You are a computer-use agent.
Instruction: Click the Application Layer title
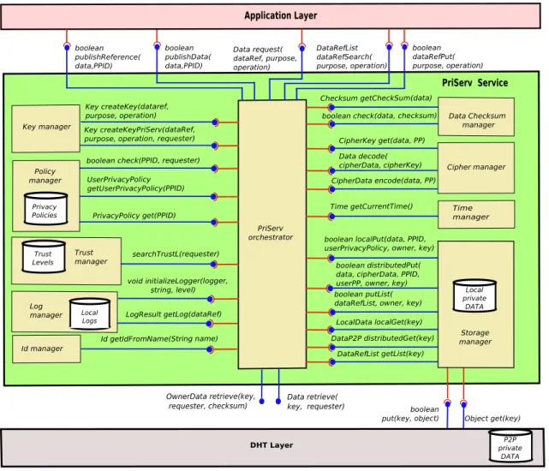pos(280,15)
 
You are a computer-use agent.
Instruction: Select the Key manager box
pos(46,128)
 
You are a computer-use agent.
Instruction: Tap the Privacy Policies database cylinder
pos(45,208)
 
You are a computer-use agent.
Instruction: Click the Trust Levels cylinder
pos(44,256)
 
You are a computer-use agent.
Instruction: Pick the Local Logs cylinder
pos(90,313)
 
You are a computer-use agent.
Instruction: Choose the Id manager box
pos(46,349)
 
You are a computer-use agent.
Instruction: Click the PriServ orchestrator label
pos(271,233)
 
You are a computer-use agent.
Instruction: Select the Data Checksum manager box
pos(476,116)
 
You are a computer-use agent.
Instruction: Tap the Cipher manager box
pos(476,167)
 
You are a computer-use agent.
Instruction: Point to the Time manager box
pos(476,214)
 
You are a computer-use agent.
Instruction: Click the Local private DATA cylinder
pos(474,296)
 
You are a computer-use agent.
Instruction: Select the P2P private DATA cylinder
pos(510,446)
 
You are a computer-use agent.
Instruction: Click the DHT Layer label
pos(272,445)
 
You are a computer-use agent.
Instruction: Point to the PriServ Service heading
pos(474,83)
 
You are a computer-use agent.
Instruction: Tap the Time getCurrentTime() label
pos(372,206)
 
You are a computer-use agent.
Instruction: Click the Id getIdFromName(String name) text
pos(159,338)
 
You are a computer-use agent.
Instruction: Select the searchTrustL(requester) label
pos(176,253)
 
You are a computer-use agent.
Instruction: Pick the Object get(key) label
pos(492,419)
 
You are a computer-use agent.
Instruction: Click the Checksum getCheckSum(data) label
pos(376,98)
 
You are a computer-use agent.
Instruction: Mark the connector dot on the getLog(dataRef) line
pos(209,324)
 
